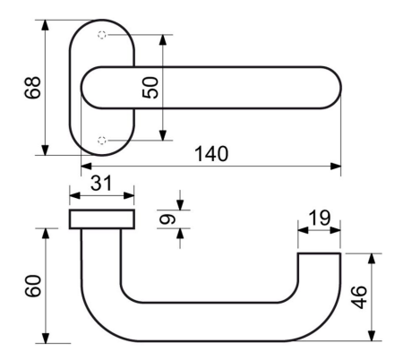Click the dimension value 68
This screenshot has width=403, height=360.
tap(32, 88)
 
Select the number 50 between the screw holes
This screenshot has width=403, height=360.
tap(150, 88)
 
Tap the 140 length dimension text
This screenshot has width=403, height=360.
tap(211, 154)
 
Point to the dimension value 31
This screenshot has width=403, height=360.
tap(101, 183)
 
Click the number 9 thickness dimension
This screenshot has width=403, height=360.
tap(167, 219)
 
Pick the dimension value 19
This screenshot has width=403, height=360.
tap(320, 218)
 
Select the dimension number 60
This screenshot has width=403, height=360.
tap(33, 286)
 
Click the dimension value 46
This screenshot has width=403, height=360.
tap(359, 297)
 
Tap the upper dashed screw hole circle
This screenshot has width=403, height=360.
tap(102, 35)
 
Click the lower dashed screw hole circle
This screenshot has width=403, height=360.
tap(102, 140)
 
